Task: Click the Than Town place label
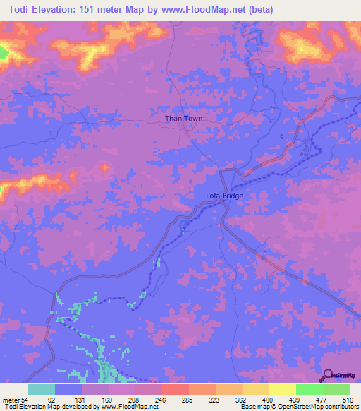point(184,119)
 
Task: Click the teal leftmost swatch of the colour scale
point(42,390)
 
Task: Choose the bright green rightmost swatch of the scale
point(336,390)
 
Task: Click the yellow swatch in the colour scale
point(282,390)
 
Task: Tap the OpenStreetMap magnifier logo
point(327,375)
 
